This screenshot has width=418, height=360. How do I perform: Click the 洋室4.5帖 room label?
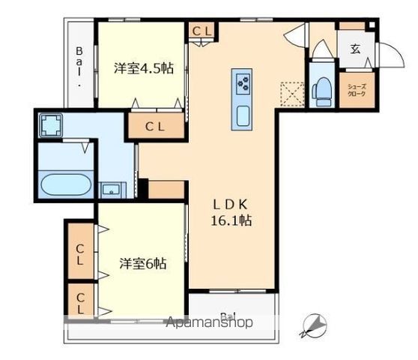tap(143, 68)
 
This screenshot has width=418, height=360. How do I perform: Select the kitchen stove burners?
tap(243, 82)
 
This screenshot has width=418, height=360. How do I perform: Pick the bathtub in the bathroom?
tap(66, 185)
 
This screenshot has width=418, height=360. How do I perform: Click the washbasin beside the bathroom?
tap(111, 189)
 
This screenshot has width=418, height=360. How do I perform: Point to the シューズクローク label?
tap(355, 90)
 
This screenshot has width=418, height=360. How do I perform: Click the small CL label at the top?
tap(202, 31)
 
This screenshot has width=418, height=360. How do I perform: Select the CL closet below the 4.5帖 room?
tap(155, 127)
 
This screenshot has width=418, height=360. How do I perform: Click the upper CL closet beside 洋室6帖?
tap(80, 254)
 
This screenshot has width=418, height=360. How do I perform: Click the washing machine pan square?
tap(51, 124)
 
